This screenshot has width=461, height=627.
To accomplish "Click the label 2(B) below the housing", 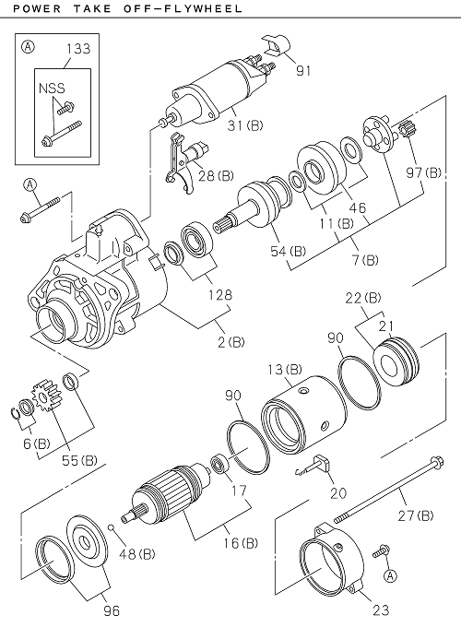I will click(x=230, y=341).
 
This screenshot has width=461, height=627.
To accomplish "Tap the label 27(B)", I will click(x=416, y=515).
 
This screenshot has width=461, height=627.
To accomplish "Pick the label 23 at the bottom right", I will click(x=379, y=609).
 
